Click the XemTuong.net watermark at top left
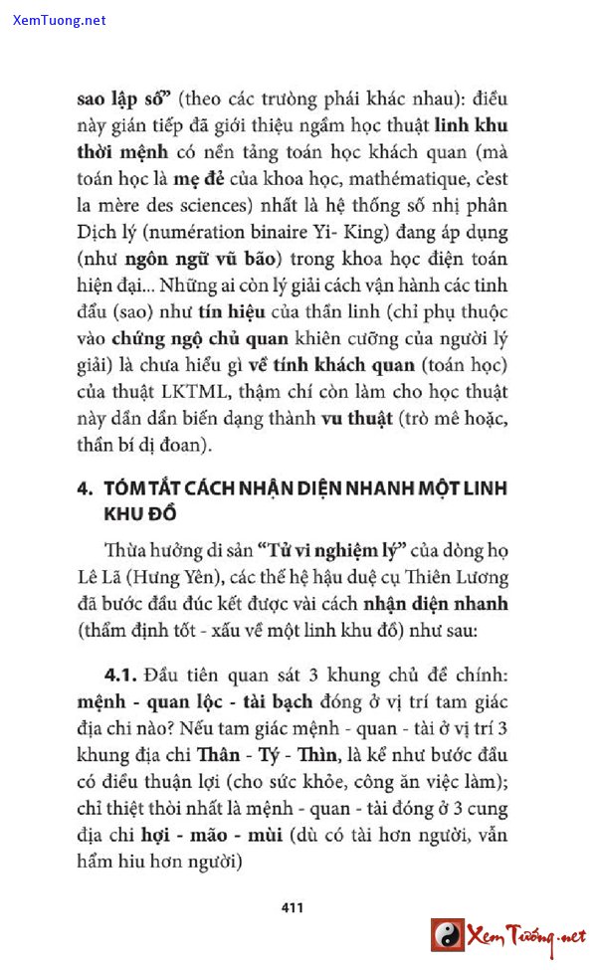coord(60,20)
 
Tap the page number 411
coord(293,906)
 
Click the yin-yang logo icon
coord(448,934)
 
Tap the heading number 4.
coord(84,490)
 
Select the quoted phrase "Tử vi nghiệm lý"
coord(325,550)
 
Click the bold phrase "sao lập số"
coord(126,99)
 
